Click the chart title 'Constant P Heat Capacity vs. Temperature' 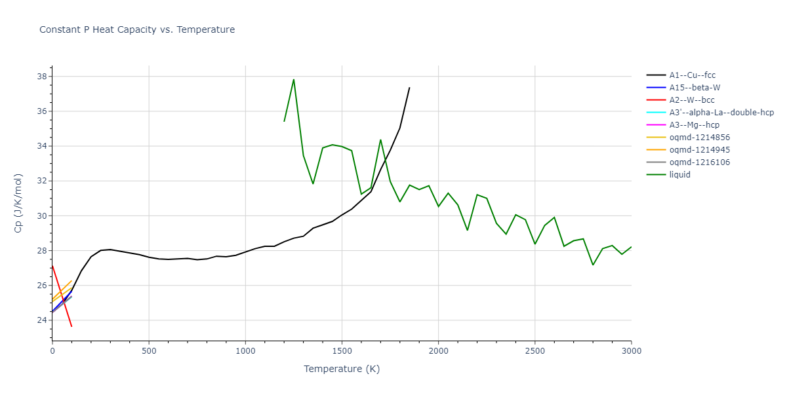click(x=137, y=29)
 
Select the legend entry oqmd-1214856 click(x=700, y=138)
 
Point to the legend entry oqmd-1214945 click(x=700, y=150)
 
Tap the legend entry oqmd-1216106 click(x=700, y=162)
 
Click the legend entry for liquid click(x=680, y=175)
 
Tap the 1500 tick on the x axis click(x=342, y=351)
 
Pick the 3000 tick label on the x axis click(x=631, y=351)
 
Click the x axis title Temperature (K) click(x=342, y=369)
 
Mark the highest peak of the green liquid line click(x=293, y=79)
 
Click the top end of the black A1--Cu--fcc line click(x=409, y=88)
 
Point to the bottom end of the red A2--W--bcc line click(x=71, y=326)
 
